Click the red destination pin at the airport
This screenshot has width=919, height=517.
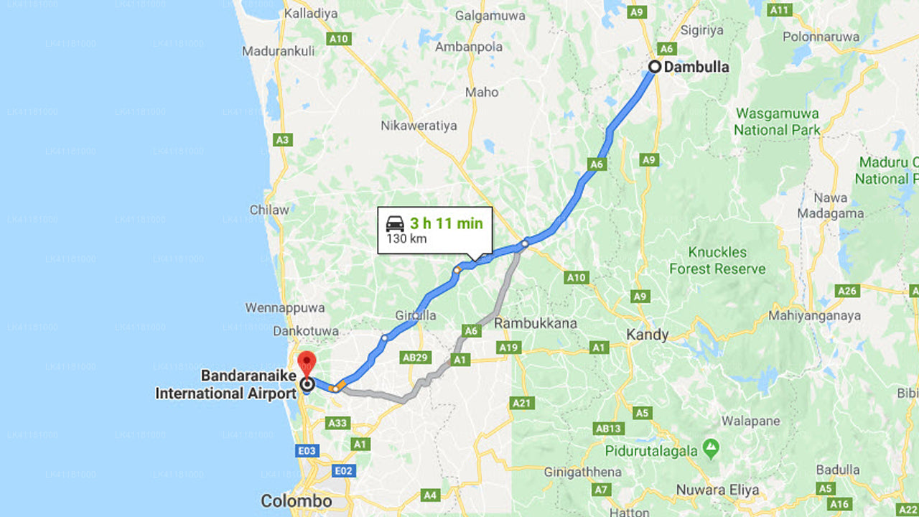(307, 362)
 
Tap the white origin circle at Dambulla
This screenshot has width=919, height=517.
(655, 67)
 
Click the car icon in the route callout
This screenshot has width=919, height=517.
(395, 223)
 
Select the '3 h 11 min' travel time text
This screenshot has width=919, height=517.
(447, 223)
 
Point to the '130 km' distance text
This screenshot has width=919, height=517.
(406, 238)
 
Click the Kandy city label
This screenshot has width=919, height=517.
(647, 335)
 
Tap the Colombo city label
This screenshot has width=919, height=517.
(296, 501)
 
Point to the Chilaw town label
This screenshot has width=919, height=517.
(269, 210)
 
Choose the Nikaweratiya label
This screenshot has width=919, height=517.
(419, 126)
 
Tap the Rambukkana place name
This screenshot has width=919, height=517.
(536, 323)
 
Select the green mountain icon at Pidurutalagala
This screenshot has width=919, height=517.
(711, 449)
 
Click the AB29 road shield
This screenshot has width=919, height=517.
(416, 357)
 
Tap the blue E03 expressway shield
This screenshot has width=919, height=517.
(307, 450)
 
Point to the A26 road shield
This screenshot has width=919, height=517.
(847, 291)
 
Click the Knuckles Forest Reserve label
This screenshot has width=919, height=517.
(717, 261)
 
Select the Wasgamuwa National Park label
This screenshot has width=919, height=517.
(777, 122)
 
